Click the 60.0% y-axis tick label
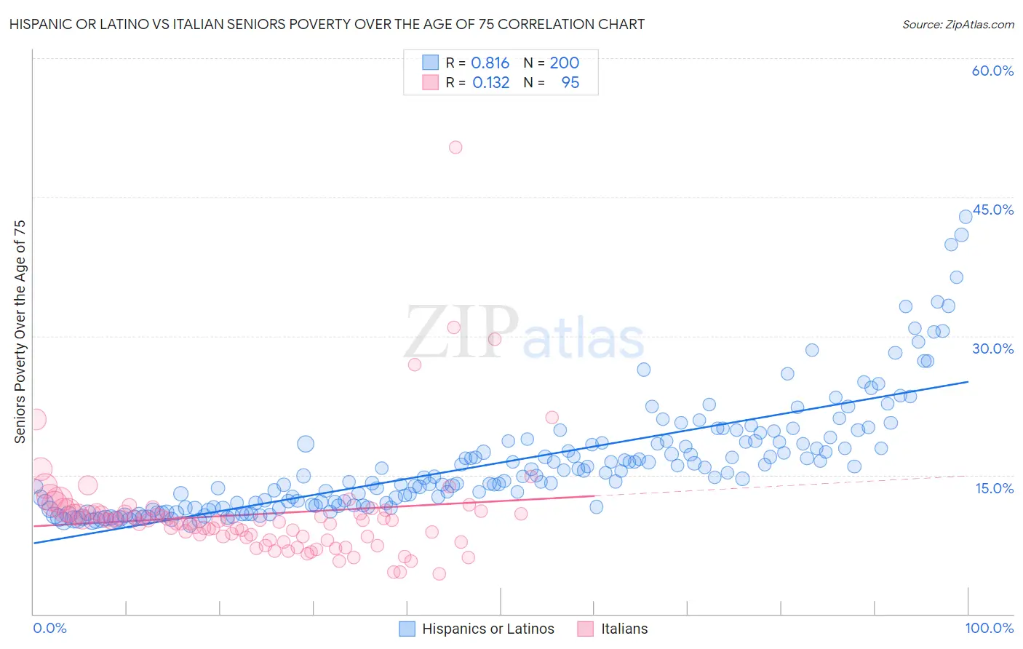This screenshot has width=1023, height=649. point(992,71)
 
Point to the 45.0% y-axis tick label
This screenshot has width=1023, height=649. point(993,210)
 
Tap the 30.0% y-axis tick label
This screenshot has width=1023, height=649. point(992,349)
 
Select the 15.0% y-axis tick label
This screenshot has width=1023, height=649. point(994,488)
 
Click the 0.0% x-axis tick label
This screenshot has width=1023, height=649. point(49,628)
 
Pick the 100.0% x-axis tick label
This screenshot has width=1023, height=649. point(989,628)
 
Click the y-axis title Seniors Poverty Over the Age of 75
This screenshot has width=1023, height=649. point(20,331)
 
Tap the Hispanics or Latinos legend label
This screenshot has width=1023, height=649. point(487,629)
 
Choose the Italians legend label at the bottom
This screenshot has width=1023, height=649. point(624,629)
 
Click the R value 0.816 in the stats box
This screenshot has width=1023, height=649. point(490,63)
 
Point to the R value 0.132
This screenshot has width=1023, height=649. point(490,82)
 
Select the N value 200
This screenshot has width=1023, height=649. point(564,63)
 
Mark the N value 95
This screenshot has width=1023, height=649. point(570,82)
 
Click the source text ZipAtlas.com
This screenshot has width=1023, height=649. point(958,24)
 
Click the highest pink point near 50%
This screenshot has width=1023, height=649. point(455,147)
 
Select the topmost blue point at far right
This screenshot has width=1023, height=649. point(966,216)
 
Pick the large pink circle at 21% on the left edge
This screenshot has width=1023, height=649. point(35,419)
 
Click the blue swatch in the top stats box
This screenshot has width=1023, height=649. point(431,63)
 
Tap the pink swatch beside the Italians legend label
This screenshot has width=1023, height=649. point(585,629)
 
